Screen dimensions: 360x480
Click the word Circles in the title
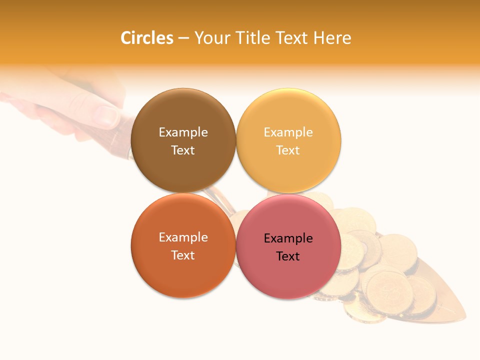(147, 38)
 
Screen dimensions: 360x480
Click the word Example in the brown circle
(183, 132)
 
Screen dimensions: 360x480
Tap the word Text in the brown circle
(183, 150)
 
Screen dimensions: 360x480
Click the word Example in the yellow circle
(288, 132)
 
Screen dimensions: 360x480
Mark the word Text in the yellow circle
(288, 150)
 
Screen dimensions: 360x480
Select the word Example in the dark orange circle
(183, 237)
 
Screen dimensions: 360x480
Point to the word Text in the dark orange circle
(183, 255)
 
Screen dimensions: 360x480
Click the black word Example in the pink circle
(288, 238)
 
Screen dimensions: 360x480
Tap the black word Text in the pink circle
(288, 256)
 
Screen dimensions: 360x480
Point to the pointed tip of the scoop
(465, 318)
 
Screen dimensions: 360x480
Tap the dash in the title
(183, 38)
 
